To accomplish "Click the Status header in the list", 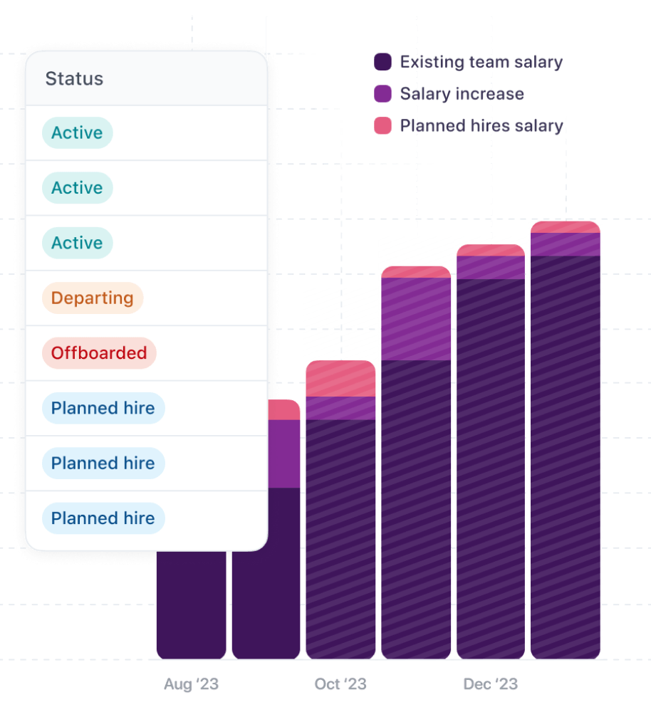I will pos(74,79).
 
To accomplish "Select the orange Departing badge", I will pos(93,298).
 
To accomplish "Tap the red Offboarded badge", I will pos(98,353).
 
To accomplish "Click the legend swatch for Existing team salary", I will pos(382,62).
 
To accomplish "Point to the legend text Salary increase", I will pos(462,94).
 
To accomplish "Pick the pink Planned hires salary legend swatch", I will pos(382,127).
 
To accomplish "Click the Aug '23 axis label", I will pos(191,684).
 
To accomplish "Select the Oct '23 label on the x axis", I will pos(340,684).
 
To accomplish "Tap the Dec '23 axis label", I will pos(490,684).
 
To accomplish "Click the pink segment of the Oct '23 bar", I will pos(340,379).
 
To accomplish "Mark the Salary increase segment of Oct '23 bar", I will pos(340,408).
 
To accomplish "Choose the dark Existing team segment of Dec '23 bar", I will pos(490,463).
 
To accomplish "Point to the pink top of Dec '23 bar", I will pos(490,250).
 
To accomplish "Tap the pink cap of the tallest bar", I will pos(566,227).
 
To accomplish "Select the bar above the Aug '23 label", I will pos(191,605).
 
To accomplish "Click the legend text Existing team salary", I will pos(481,62).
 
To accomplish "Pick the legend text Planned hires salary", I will pos(481,127).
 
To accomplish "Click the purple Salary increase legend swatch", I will pos(382,94).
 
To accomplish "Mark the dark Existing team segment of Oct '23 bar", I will pos(340,534).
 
